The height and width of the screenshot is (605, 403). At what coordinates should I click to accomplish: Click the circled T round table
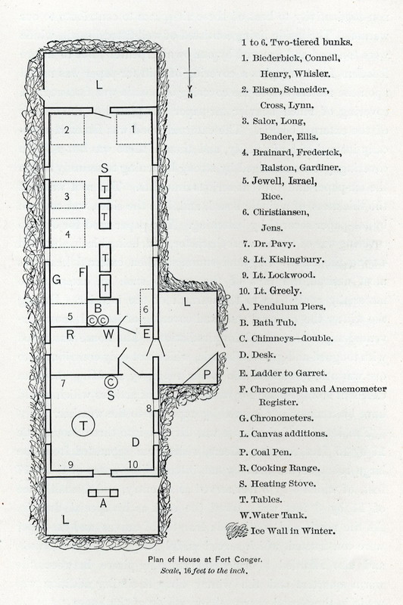[83, 425]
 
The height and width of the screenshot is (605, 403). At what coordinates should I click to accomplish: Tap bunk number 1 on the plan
[133, 129]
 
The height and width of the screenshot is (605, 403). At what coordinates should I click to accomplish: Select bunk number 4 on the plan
[67, 234]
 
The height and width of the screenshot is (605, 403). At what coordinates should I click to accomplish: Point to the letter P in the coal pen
[207, 374]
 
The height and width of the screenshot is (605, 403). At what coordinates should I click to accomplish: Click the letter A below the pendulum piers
[103, 503]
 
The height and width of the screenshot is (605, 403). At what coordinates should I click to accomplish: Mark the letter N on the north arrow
[189, 95]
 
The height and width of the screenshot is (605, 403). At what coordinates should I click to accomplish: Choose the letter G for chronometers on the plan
[56, 279]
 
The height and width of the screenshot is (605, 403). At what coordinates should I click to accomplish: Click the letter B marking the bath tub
[98, 309]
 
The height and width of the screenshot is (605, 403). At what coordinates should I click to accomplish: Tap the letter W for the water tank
[108, 334]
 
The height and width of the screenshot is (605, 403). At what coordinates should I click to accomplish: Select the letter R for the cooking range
[70, 334]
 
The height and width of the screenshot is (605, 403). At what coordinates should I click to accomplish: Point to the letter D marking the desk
[136, 442]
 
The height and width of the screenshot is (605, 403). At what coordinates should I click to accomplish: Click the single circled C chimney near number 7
[111, 382]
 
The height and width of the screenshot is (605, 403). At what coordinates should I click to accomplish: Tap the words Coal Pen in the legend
[271, 452]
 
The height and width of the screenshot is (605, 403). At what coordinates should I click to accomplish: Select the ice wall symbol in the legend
[236, 531]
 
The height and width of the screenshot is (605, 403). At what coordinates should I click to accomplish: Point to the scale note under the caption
[204, 571]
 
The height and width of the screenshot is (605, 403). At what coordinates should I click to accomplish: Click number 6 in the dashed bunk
[145, 309]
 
